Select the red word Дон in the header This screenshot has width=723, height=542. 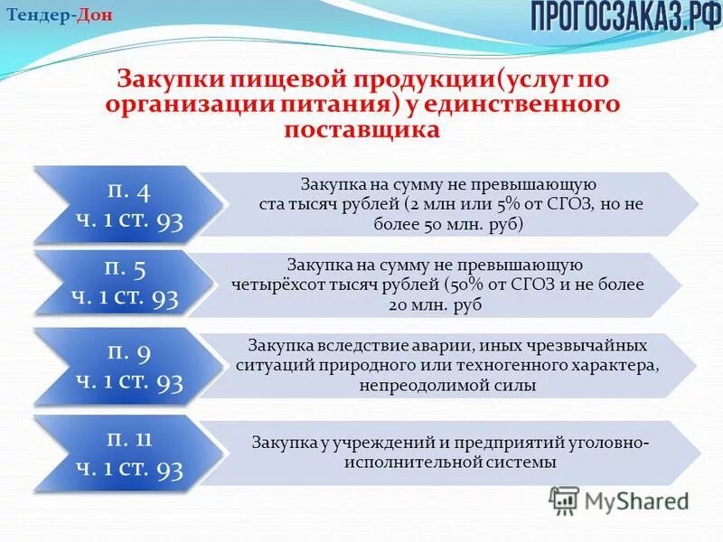click(x=95, y=16)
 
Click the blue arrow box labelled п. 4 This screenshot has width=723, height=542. click(x=127, y=205)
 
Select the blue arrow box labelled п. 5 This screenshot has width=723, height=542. click(x=127, y=283)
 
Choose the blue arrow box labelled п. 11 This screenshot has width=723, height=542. click(x=127, y=454)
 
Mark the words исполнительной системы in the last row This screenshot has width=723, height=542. click(x=449, y=463)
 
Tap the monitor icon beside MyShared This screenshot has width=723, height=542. click(x=564, y=500)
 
